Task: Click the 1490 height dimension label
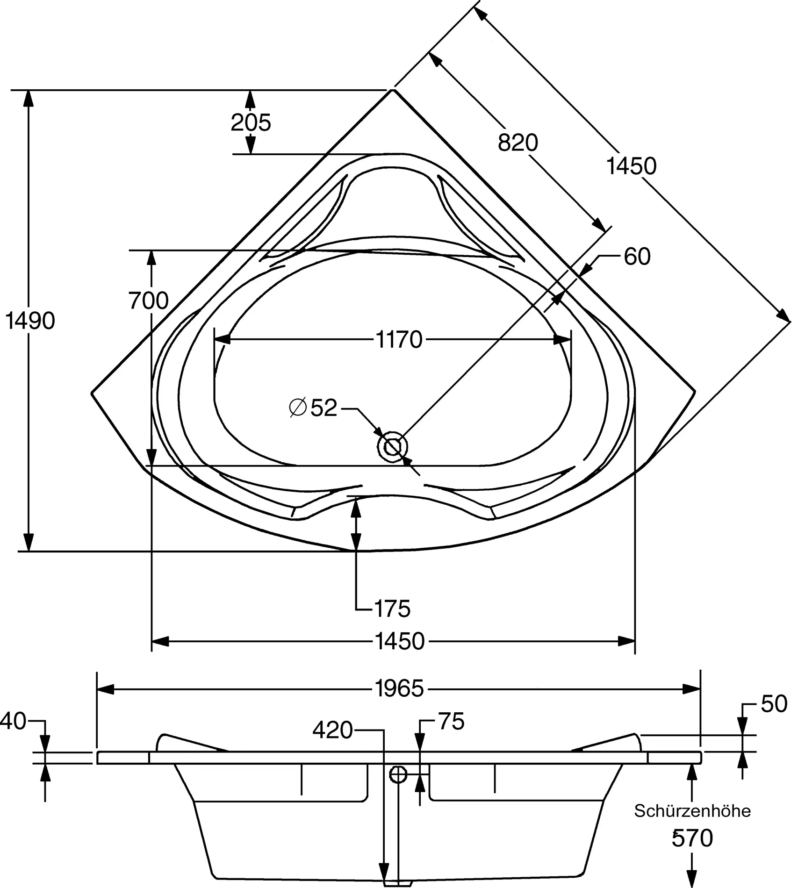pyautogui.click(x=30, y=321)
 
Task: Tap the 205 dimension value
pyautogui.click(x=251, y=122)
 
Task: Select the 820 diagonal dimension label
pyautogui.click(x=518, y=142)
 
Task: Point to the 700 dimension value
pyautogui.click(x=149, y=301)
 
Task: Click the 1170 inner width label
pyautogui.click(x=399, y=340)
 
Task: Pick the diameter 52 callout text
pyautogui.click(x=313, y=408)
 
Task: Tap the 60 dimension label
pyautogui.click(x=637, y=257)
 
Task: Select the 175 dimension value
pyautogui.click(x=392, y=609)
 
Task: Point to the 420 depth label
pyautogui.click(x=332, y=730)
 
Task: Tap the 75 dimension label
pyautogui.click(x=451, y=721)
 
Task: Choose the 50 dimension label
pyautogui.click(x=774, y=704)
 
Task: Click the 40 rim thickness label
pyautogui.click(x=13, y=722)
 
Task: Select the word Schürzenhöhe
pyautogui.click(x=692, y=811)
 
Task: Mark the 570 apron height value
pyautogui.click(x=692, y=838)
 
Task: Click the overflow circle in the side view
pyautogui.click(x=398, y=775)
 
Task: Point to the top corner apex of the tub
pyautogui.click(x=393, y=90)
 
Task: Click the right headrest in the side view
pyautogui.click(x=608, y=743)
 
